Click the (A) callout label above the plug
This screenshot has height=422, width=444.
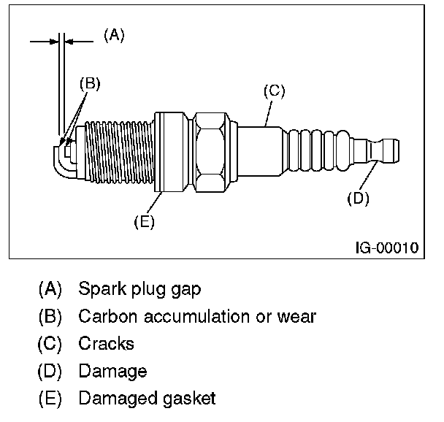click(x=114, y=34)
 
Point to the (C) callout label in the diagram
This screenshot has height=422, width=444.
click(x=273, y=91)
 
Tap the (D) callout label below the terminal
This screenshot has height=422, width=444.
click(x=357, y=198)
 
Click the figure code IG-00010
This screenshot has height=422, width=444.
click(x=386, y=248)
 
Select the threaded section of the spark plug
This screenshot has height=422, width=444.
click(x=120, y=150)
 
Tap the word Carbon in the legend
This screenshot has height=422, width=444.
click(x=103, y=316)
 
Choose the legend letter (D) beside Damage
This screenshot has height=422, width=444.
click(x=50, y=371)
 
